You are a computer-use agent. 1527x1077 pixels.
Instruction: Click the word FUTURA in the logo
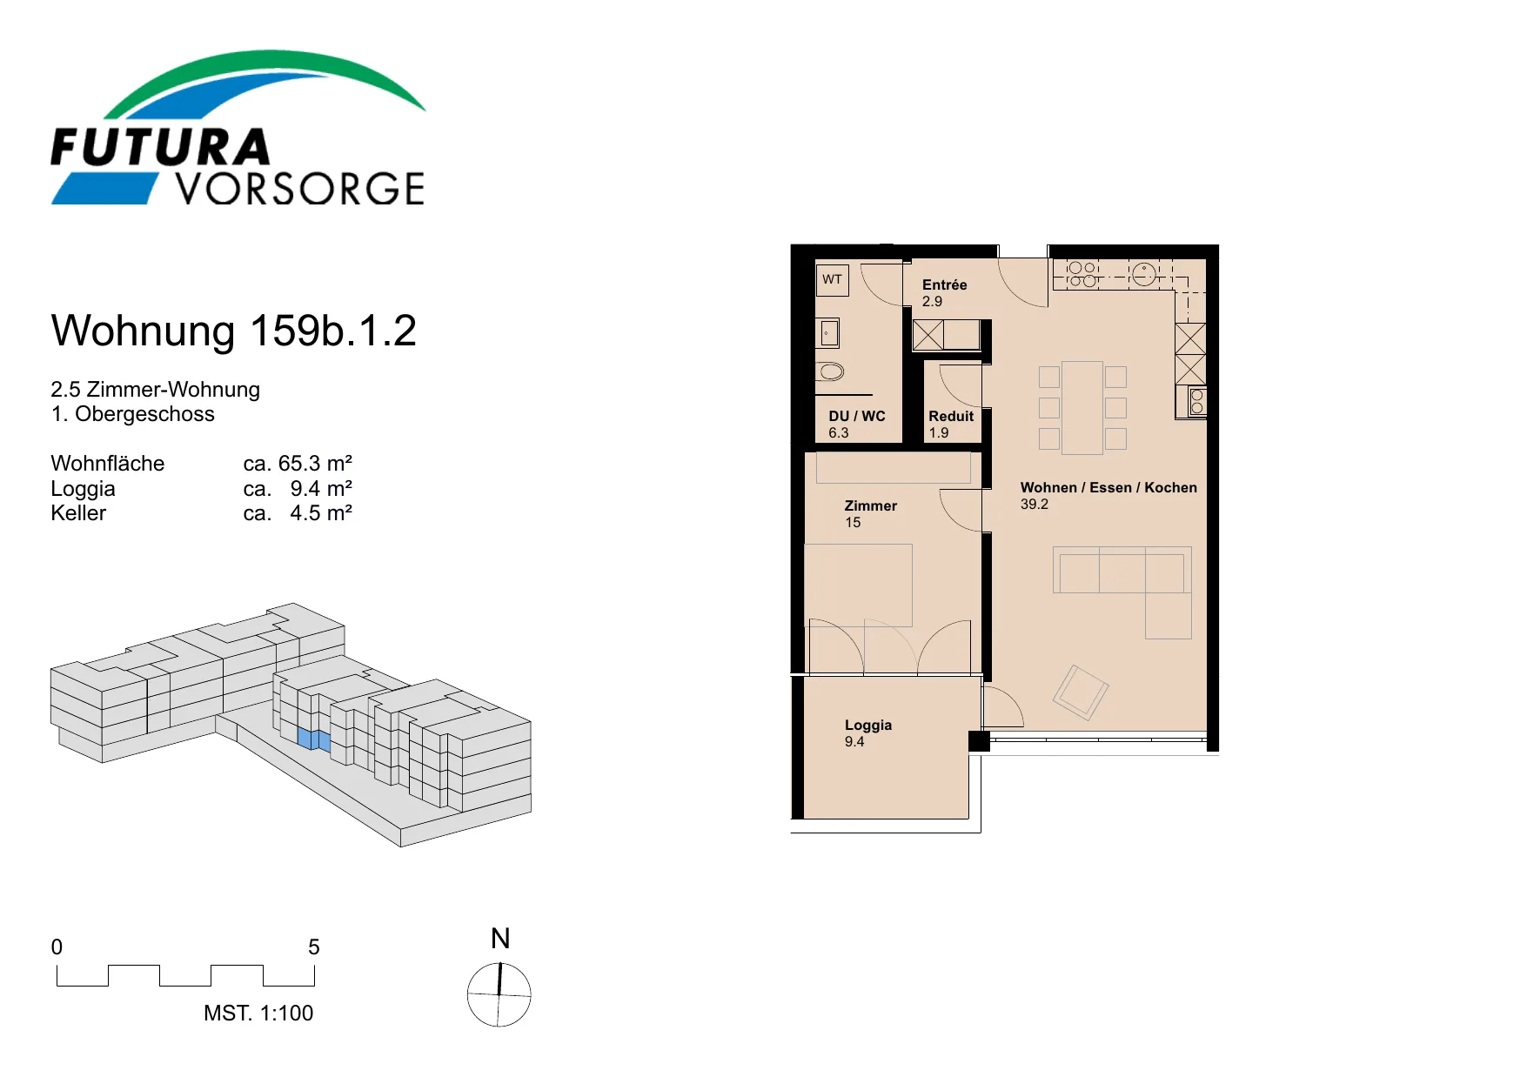pyautogui.click(x=161, y=147)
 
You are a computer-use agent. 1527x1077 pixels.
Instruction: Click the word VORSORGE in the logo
pyautogui.click(x=300, y=189)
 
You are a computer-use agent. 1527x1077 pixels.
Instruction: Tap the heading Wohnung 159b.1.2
pyautogui.click(x=234, y=331)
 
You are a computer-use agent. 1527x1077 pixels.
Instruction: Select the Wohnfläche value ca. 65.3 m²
pyautogui.click(x=298, y=463)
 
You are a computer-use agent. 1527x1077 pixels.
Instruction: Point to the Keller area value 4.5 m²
pyautogui.click(x=321, y=512)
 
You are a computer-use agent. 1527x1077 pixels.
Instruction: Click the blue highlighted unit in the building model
pyautogui.click(x=314, y=739)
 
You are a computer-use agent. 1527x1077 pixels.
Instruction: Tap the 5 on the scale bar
pyautogui.click(x=314, y=947)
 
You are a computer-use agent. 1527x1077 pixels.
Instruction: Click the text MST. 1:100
pyautogui.click(x=258, y=1013)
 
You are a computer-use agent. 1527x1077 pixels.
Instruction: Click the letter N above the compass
pyautogui.click(x=500, y=939)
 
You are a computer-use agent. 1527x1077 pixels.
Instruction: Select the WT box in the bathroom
pyautogui.click(x=833, y=279)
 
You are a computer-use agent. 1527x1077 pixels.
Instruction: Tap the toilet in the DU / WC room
pyautogui.click(x=830, y=372)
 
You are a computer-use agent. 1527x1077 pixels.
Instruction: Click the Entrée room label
pyautogui.click(x=945, y=284)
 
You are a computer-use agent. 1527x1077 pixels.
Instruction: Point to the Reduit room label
pyautogui.click(x=951, y=416)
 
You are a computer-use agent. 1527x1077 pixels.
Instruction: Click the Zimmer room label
pyautogui.click(x=871, y=505)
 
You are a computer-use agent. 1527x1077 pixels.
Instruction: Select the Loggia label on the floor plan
pyautogui.click(x=868, y=725)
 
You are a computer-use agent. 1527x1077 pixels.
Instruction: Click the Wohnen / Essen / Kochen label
pyautogui.click(x=1108, y=487)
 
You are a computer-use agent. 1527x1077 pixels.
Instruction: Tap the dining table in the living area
pyautogui.click(x=1082, y=408)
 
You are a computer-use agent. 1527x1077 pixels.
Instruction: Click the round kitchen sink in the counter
pyautogui.click(x=1144, y=275)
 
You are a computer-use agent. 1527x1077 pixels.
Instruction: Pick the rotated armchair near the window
pyautogui.click(x=1081, y=692)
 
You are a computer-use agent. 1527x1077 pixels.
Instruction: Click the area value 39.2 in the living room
pyautogui.click(x=1035, y=505)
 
